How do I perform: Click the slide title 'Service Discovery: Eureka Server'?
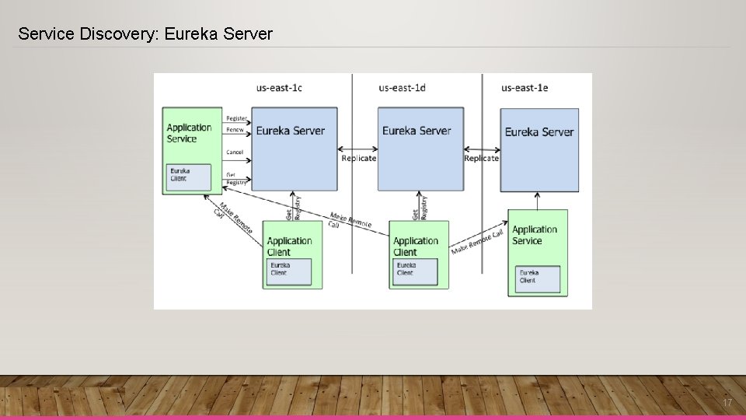click(x=145, y=34)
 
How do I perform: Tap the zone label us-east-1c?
click(x=279, y=88)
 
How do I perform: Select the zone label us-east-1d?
click(x=402, y=88)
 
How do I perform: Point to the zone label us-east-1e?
click(x=525, y=88)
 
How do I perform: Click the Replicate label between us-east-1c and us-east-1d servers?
click(x=358, y=158)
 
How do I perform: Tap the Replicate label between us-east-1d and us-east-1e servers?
click(x=481, y=158)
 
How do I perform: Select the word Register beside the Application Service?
click(x=236, y=118)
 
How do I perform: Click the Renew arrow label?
click(x=235, y=130)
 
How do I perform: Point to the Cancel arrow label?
click(x=235, y=152)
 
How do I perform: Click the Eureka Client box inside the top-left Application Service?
click(x=190, y=177)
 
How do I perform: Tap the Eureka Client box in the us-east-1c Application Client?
click(x=290, y=271)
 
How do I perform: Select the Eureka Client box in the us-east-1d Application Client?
click(x=415, y=271)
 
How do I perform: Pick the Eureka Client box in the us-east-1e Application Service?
click(x=537, y=279)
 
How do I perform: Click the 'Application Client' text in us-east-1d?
click(x=416, y=247)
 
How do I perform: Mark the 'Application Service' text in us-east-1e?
click(x=535, y=235)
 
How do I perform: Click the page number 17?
click(x=727, y=403)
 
